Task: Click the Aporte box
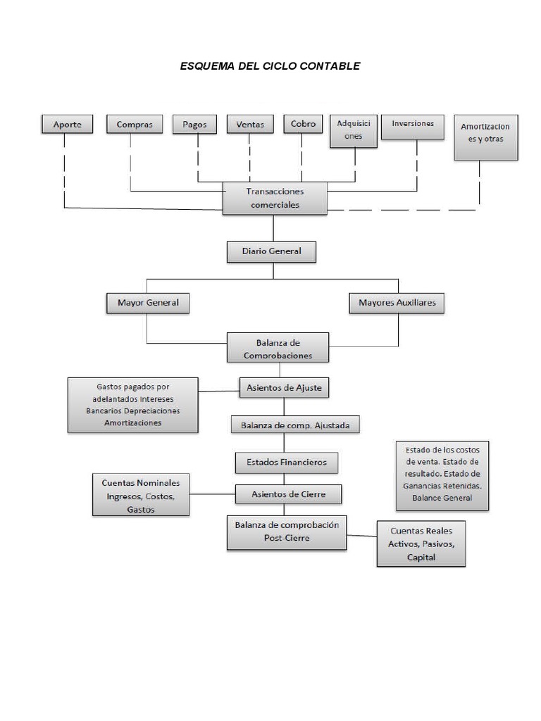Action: pos(68,125)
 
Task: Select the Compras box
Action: pos(134,124)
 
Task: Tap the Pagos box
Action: pos(194,124)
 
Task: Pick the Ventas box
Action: pos(250,124)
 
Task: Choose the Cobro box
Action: pos(303,124)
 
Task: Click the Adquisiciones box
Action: pos(354,130)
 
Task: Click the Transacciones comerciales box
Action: pos(275,199)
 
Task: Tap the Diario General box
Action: pos(271,251)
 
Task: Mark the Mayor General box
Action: pos(148,303)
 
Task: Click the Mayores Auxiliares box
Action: pos(397,303)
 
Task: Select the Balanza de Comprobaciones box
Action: pos(278,348)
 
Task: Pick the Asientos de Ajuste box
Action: pos(284,387)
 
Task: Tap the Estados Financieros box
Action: pos(286,463)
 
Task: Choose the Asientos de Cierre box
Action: pos(288,494)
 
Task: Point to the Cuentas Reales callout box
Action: pos(421,544)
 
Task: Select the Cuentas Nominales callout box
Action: pos(141,495)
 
